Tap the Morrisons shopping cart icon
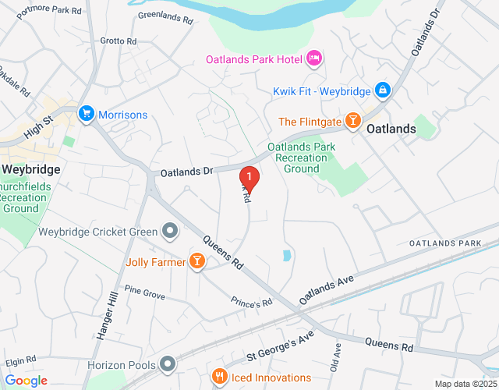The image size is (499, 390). coord(85,115)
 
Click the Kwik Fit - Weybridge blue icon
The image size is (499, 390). coord(382,91)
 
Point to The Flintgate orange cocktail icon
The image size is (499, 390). coord(352,121)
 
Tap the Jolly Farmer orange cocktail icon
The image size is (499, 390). coord(196,262)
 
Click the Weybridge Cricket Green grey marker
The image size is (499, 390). coord(168,231)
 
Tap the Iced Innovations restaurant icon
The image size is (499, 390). coord(221,378)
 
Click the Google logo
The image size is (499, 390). coord(26,380)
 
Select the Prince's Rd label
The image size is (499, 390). coord(251,301)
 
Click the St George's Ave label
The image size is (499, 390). coord(279,343)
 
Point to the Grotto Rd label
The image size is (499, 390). coord(118,41)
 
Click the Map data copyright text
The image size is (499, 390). coord(465,384)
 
